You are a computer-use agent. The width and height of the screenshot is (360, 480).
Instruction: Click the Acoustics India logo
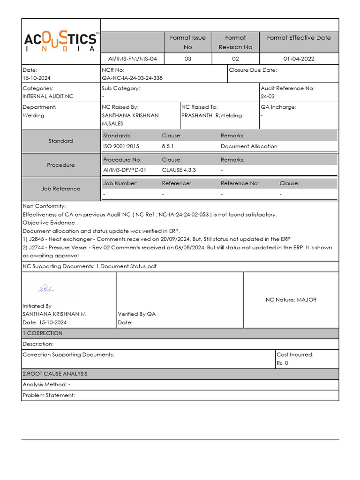pos(61,42)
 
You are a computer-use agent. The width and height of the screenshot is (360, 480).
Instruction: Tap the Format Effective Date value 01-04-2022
pos(299,59)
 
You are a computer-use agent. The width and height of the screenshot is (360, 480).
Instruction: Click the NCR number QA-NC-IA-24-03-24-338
pos(132,78)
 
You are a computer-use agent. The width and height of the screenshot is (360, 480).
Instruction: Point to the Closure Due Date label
pos(253,70)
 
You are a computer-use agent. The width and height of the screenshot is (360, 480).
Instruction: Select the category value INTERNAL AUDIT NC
pos(48,97)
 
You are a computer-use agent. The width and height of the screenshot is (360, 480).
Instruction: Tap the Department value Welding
pos(33,115)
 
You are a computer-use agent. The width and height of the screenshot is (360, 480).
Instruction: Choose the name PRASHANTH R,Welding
pos(211,115)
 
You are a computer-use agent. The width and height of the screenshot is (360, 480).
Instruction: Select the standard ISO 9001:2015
pos(121,146)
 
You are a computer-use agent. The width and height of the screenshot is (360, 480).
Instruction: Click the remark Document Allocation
pos(249,146)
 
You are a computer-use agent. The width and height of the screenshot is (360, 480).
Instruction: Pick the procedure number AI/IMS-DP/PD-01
pos(124,170)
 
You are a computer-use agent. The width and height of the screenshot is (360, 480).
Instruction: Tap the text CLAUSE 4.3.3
pos(179,170)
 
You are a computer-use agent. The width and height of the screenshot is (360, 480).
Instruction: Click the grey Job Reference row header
pos(61,189)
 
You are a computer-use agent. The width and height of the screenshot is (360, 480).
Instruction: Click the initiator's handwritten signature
pos(46,288)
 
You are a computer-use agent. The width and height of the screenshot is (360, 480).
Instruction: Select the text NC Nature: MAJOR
pos(291,300)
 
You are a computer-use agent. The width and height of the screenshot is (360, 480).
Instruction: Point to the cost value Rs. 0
pos(283,363)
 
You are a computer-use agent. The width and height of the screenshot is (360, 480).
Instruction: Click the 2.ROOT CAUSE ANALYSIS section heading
pos(55,374)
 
